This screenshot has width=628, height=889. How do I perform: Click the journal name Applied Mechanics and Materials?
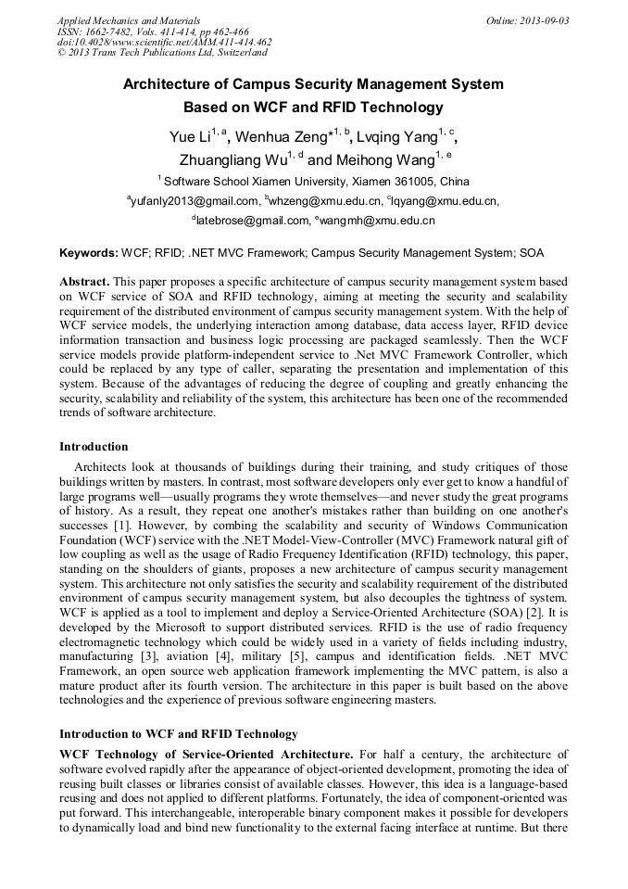click(x=128, y=19)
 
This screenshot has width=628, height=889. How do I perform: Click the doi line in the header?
click(x=164, y=42)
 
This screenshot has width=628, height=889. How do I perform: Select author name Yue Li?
click(x=190, y=137)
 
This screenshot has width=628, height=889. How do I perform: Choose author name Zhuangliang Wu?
click(x=232, y=159)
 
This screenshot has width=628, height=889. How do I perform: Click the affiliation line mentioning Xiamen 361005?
click(x=314, y=181)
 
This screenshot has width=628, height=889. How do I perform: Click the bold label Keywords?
click(x=89, y=252)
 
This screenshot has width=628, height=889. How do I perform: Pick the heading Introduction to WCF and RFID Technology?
click(x=179, y=734)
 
